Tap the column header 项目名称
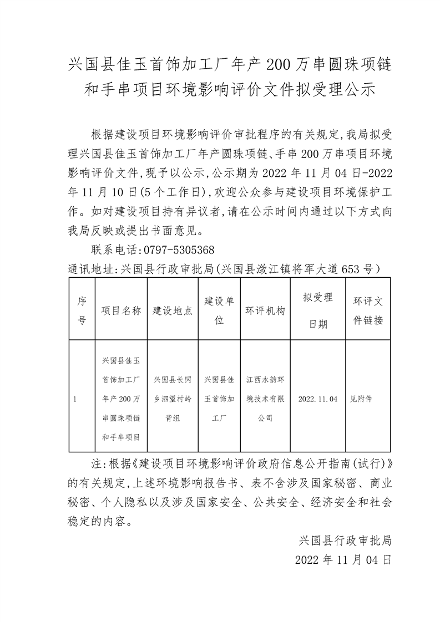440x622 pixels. (120, 310)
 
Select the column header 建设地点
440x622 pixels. (173, 310)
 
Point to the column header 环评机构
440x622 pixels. (265, 310)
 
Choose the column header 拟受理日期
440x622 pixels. (317, 310)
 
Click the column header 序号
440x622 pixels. (82, 310)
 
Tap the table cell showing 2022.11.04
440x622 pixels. (317, 399)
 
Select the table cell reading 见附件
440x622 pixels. (361, 399)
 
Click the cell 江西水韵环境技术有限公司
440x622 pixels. (265, 399)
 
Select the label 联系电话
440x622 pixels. (110, 249)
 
